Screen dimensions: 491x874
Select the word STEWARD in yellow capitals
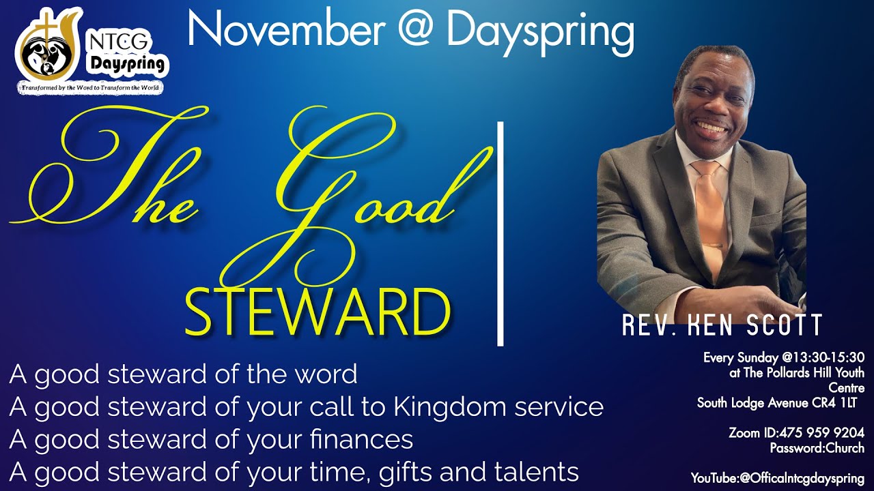click(318, 312)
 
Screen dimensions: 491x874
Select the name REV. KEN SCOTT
click(722, 326)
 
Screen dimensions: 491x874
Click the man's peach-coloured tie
click(710, 205)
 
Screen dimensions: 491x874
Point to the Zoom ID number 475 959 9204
click(825, 433)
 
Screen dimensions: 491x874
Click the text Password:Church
click(817, 449)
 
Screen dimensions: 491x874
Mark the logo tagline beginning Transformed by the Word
click(90, 89)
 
